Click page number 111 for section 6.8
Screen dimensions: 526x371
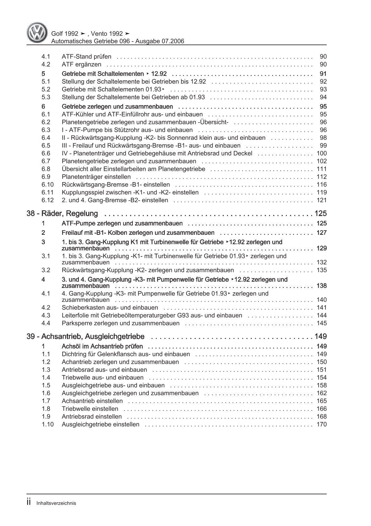pos(321,169)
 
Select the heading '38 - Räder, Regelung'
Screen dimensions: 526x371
pos(62,214)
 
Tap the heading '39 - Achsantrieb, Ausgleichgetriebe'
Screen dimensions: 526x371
pos(86,336)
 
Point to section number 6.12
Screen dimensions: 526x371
pos(48,200)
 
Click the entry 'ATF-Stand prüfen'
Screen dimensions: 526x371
pos(86,57)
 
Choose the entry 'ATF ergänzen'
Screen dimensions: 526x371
pos(81,64)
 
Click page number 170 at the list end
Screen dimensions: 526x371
pos(321,424)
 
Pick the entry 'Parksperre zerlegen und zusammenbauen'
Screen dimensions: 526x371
pos(121,323)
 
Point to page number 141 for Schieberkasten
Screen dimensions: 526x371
pos(321,307)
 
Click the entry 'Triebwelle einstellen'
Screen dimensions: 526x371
pos(90,409)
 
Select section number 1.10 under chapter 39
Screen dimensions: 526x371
pos(48,424)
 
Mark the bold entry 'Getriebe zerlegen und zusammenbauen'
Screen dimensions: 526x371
pos(117,107)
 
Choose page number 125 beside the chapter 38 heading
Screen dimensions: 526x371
pos(320,214)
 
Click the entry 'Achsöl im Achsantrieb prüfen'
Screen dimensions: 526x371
pos(102,346)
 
